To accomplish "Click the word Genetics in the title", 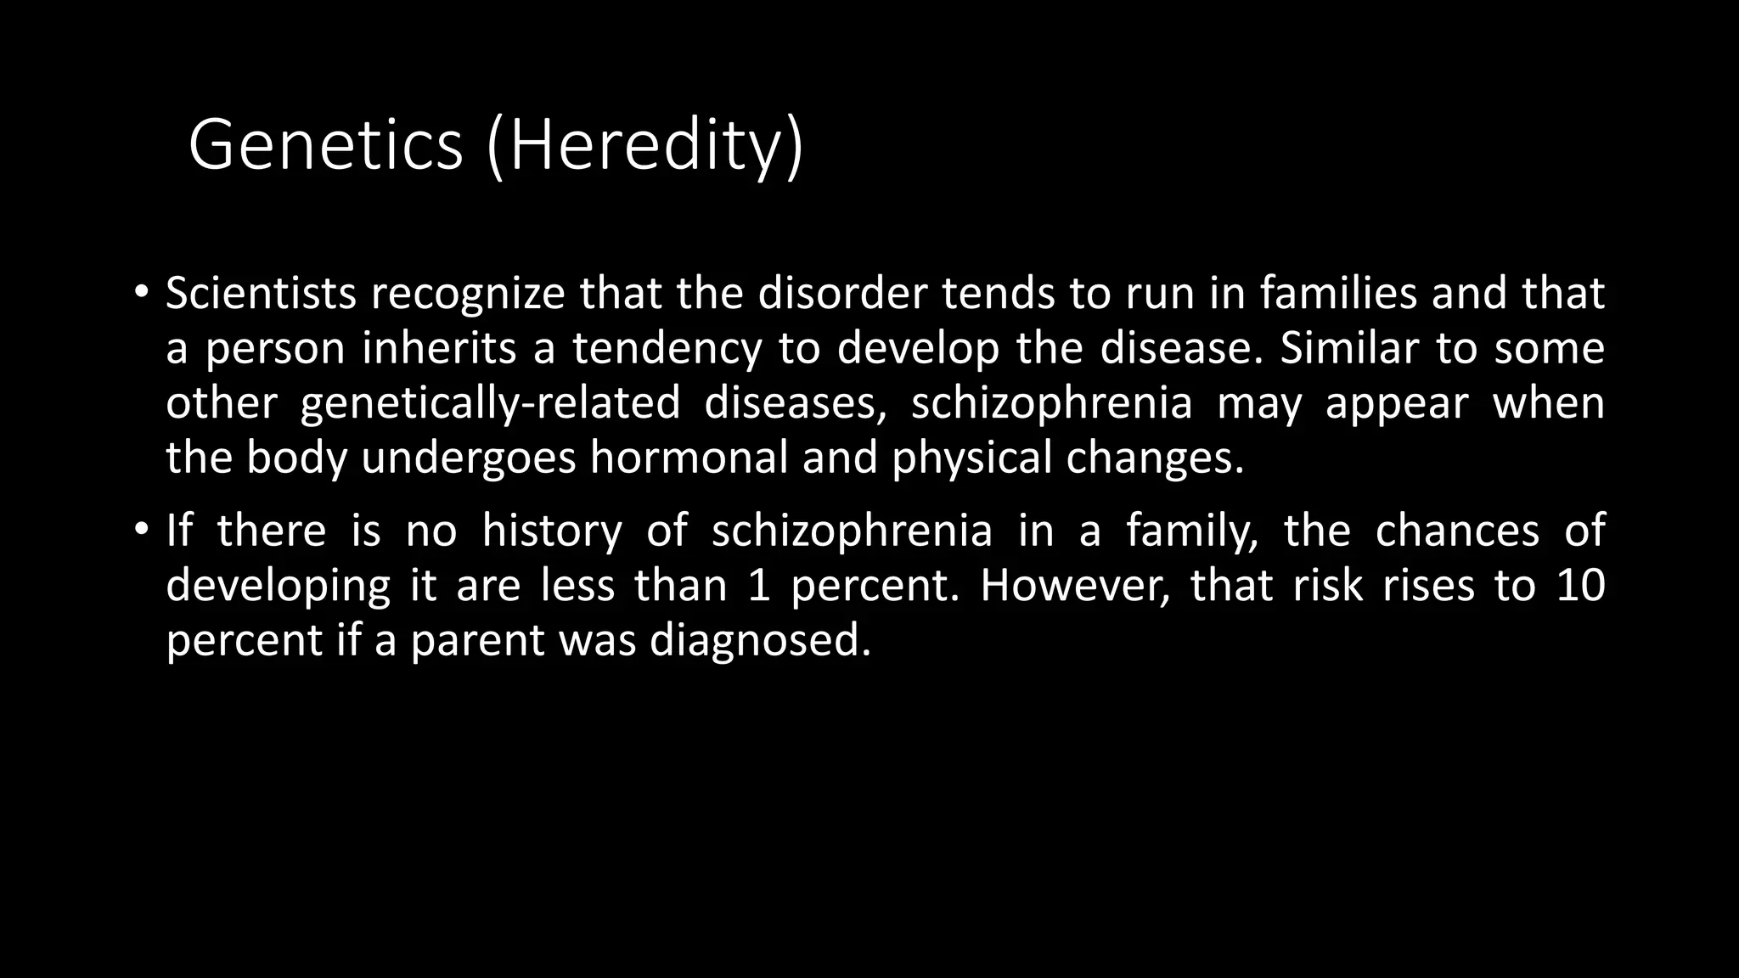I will pyautogui.click(x=325, y=144).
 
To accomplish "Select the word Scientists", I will pyautogui.click(x=261, y=294).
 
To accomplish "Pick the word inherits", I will pyautogui.click(x=439, y=348).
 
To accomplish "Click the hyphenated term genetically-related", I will pyautogui.click(x=490, y=403).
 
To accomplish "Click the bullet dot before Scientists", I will pyautogui.click(x=141, y=293).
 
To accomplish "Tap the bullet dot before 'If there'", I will pyautogui.click(x=141, y=531).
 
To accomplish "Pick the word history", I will pyautogui.click(x=552, y=531).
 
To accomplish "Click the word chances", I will pyautogui.click(x=1457, y=531).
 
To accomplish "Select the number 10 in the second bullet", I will pyautogui.click(x=1580, y=586).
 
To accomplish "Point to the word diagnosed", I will pyautogui.click(x=760, y=640).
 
